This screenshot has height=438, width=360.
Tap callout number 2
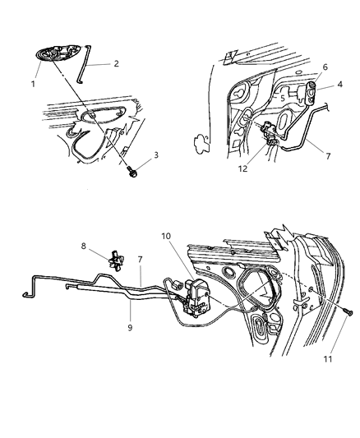116,63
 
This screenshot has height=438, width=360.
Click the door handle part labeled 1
62,55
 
